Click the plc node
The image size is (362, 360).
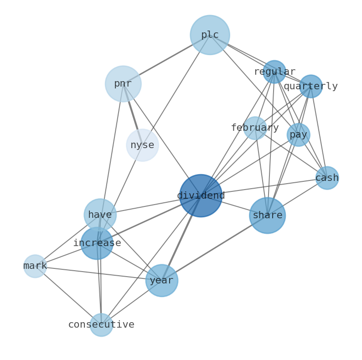pos(210,35)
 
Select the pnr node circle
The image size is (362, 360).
pos(123,84)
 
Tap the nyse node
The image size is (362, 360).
pos(142,145)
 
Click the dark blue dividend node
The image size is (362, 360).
pos(201,195)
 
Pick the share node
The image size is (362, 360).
pos(267,216)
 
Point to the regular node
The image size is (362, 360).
pos(274,72)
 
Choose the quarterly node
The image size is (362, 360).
pos(311,87)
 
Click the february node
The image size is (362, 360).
pos(255,128)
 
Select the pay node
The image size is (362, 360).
pos(299,135)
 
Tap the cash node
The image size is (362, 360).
pos(327,178)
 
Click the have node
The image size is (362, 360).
pos(100,215)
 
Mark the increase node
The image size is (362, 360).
pos(97,243)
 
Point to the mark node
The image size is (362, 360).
pos(35,266)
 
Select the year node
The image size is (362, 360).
pos(162,281)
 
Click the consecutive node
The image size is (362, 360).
pos(101,325)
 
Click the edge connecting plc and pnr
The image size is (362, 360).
pos(166,59)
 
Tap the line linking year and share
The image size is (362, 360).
pos(214,248)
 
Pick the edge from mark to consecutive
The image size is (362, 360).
pos(68,296)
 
